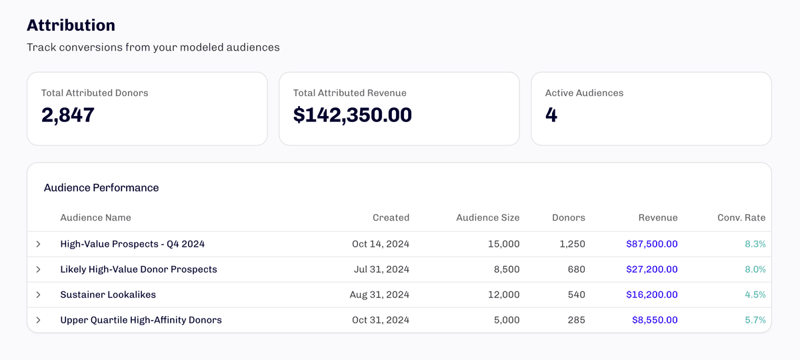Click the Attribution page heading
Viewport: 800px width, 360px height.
click(71, 25)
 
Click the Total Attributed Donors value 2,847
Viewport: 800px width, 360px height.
click(68, 115)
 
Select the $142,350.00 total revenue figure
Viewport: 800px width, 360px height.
click(352, 115)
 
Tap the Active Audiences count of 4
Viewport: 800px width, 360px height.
click(551, 115)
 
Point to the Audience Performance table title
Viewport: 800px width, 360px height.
click(101, 188)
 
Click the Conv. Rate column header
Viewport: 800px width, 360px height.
click(741, 217)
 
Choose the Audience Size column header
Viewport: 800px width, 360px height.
click(487, 217)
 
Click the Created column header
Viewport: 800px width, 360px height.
click(391, 217)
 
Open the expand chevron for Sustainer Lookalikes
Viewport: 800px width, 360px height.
click(38, 295)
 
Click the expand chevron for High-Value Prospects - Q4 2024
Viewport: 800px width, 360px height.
click(38, 244)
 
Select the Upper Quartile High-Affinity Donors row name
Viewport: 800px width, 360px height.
click(141, 320)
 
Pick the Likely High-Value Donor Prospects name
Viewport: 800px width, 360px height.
click(139, 269)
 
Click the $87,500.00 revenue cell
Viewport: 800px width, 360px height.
click(651, 244)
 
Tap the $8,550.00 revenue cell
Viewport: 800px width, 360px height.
click(655, 320)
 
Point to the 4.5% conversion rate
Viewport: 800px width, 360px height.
click(755, 295)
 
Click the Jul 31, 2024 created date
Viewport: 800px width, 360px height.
click(381, 269)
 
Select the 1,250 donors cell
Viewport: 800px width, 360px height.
click(572, 244)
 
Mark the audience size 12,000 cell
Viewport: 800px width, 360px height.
click(503, 295)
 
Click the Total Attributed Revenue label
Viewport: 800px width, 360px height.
click(349, 93)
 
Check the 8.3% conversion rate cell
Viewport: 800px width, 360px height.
click(755, 244)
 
